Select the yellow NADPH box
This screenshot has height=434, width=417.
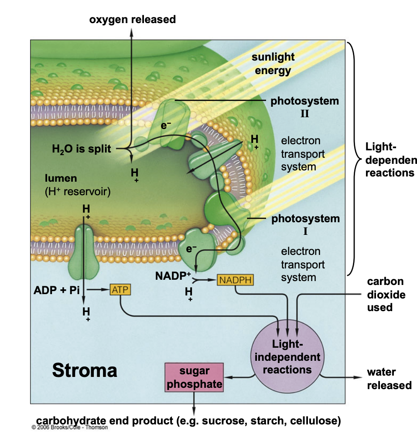click(235, 280)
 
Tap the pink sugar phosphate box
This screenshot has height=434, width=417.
click(194, 377)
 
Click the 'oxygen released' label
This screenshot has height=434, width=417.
click(132, 19)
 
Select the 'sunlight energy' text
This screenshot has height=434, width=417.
click(273, 64)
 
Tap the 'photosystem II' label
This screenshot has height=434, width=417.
click(304, 107)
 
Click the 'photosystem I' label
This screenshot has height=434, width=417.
click(305, 224)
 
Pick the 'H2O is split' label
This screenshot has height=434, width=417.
click(82, 149)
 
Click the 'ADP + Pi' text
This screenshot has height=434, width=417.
click(57, 290)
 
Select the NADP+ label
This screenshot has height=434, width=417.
click(173, 275)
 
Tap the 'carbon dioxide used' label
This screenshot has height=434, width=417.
click(386, 295)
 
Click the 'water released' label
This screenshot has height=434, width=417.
click(389, 378)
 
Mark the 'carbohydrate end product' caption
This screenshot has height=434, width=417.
click(188, 420)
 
